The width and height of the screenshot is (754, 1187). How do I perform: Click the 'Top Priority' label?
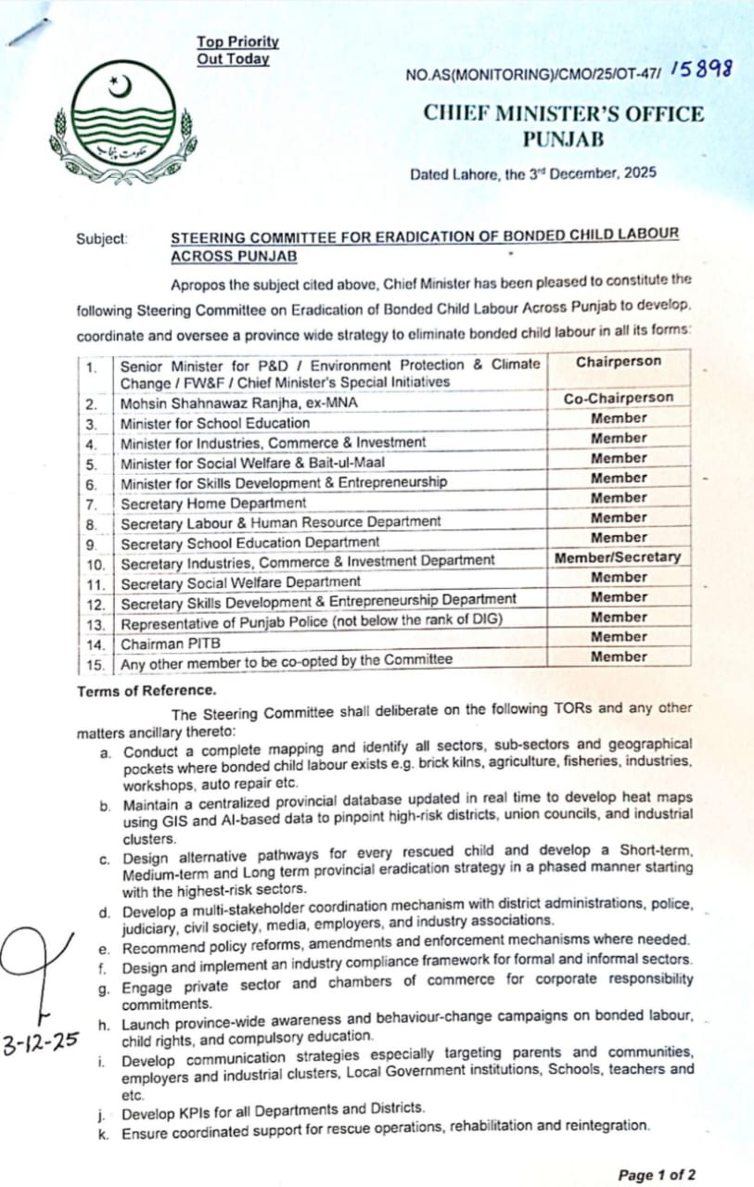click(x=237, y=42)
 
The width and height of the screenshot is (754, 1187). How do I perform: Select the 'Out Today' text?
click(x=233, y=58)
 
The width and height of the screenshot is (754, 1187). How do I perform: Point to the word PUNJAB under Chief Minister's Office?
click(x=563, y=140)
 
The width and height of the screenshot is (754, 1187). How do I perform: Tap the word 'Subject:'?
click(x=102, y=238)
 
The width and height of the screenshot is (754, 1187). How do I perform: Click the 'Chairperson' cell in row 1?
click(x=619, y=363)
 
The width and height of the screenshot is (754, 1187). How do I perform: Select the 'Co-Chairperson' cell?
click(x=619, y=399)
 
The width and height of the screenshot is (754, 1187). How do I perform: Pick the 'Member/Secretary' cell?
click(x=618, y=557)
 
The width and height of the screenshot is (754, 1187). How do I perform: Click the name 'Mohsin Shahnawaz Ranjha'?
click(x=203, y=403)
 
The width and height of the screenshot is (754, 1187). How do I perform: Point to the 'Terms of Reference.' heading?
click(x=147, y=690)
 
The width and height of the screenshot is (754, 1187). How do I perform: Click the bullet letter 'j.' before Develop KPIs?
click(x=106, y=1109)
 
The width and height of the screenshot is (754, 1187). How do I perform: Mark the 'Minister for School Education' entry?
click(x=215, y=423)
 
